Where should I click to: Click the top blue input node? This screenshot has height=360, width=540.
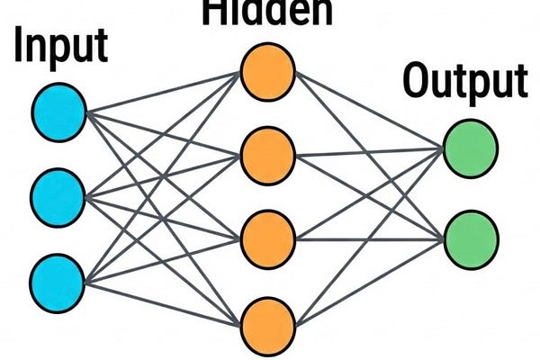(59, 111)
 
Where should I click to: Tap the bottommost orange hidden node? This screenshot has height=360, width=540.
(268, 321)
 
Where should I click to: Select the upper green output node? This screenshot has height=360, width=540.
(470, 148)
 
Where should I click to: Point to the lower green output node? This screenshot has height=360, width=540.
(470, 236)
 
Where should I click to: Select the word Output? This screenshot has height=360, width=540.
(464, 83)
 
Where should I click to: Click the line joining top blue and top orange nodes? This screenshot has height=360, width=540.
(162, 91)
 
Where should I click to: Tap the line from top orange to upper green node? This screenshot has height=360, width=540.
(369, 109)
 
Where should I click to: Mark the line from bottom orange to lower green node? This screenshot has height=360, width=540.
(369, 279)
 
